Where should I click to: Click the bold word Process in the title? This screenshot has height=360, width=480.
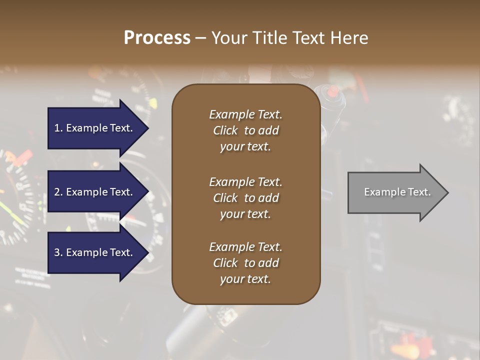[x=157, y=38]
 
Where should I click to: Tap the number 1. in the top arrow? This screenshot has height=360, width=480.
[x=58, y=128]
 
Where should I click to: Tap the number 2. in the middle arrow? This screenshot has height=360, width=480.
[x=58, y=192]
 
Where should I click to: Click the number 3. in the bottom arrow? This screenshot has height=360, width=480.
[x=58, y=252]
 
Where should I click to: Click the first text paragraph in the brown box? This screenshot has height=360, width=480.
[x=245, y=130]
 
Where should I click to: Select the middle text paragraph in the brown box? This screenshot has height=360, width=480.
[x=245, y=198]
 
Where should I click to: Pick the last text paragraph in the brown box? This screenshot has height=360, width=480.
[x=245, y=263]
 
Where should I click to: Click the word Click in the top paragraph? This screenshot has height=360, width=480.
[x=225, y=130]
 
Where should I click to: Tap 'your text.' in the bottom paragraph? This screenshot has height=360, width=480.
[x=245, y=279]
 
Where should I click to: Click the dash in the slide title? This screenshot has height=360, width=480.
[x=200, y=38]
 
